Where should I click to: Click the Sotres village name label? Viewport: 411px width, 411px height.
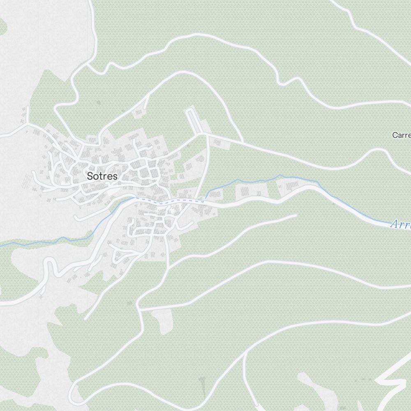102,176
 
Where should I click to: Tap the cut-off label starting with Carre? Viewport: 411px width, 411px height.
401,135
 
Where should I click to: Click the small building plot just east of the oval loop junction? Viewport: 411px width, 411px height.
217,142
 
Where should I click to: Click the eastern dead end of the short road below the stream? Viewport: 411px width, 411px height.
296,215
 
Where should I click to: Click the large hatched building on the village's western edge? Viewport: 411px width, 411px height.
28,181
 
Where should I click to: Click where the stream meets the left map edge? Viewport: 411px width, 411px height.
1,246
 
